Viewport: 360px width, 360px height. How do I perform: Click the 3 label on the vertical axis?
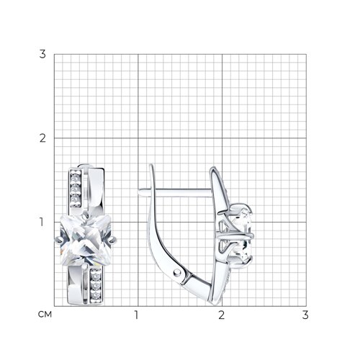point(42,54)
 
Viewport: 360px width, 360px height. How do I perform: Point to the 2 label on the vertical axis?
point(42,138)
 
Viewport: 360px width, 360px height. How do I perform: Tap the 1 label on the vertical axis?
point(42,222)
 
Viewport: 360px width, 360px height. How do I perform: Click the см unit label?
point(45,315)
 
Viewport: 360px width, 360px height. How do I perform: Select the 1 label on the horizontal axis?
point(136,315)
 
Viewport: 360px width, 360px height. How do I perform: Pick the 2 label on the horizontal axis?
point(221,315)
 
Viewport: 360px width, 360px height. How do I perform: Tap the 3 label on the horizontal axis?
point(305,315)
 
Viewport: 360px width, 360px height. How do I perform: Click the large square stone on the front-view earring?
point(86,240)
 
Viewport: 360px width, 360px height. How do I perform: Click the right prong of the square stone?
point(113,239)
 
